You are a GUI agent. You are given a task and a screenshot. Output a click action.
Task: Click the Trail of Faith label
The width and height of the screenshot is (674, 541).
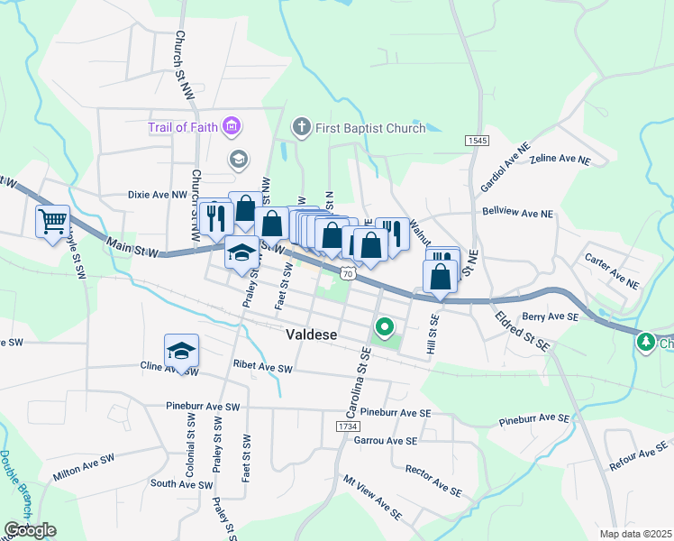[183, 127]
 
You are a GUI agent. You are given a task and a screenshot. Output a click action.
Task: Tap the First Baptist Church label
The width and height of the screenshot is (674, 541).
[369, 128]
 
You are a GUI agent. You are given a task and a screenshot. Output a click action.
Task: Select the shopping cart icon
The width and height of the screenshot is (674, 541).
[52, 220]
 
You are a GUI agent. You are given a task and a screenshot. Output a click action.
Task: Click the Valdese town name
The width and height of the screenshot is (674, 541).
[311, 335]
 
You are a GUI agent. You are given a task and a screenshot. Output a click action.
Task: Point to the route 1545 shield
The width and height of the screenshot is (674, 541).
[478, 142]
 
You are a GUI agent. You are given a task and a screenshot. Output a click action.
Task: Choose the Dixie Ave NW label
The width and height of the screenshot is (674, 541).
[157, 193]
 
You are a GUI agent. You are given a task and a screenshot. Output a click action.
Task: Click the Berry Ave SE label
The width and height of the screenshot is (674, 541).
[549, 316]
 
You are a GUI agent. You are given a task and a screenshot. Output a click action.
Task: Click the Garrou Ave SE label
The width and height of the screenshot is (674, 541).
[386, 441]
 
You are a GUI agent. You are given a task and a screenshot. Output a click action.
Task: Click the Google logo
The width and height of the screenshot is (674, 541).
[30, 529]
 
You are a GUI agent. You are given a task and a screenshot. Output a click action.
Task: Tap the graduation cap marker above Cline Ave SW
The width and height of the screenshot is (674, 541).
[181, 350]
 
